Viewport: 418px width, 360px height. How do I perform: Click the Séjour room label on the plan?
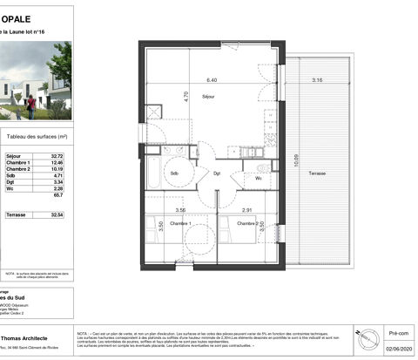tap(208, 96)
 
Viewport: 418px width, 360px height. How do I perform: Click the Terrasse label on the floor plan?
tap(318, 173)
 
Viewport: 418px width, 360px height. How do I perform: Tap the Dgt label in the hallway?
tap(218, 173)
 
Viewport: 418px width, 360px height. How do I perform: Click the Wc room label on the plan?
tap(259, 179)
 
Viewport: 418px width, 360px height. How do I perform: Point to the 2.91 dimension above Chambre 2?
tap(247, 210)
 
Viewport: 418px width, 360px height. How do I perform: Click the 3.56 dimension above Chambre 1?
tap(180, 210)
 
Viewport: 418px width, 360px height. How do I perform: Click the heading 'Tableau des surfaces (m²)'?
tap(37, 137)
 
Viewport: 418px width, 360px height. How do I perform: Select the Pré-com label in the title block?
tap(398, 332)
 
